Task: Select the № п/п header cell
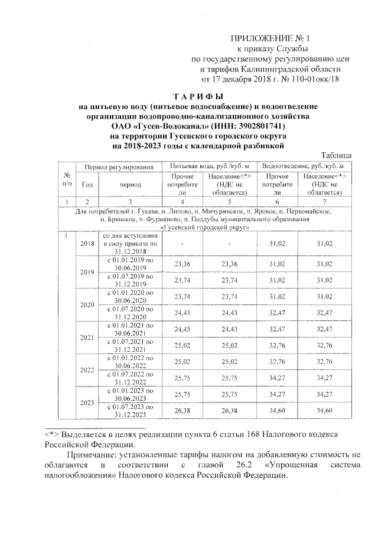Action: coord(67,180)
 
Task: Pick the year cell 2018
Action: coord(87,243)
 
